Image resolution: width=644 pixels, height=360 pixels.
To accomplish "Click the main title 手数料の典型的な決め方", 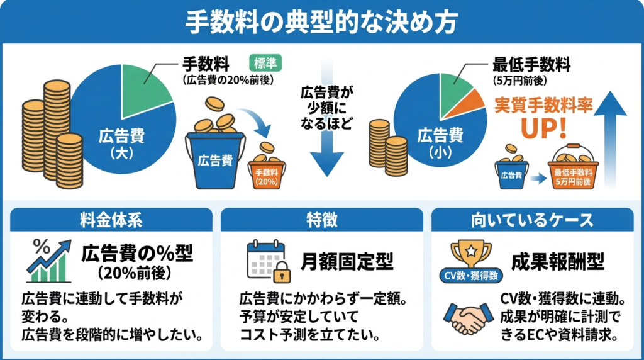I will tap(321, 21).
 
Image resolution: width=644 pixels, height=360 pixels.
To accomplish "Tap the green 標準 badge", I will tap(267, 63).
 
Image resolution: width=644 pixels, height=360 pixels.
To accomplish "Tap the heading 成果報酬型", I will tap(558, 261).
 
